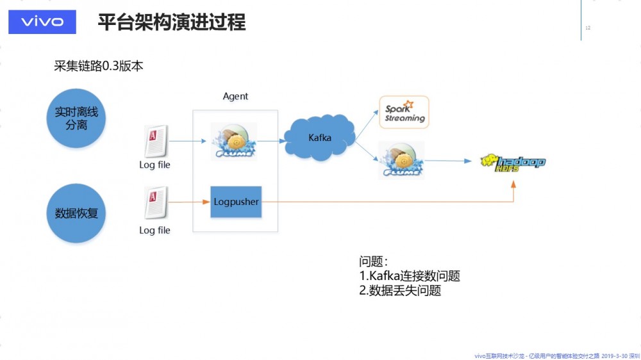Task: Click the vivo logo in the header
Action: tap(42, 22)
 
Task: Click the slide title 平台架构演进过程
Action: tap(171, 22)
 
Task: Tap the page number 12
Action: tap(588, 28)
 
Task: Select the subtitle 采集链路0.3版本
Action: tap(99, 66)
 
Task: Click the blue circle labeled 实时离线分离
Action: tap(76, 119)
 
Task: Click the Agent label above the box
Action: tap(235, 96)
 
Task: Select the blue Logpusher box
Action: tap(236, 202)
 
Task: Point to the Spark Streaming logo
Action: tap(404, 112)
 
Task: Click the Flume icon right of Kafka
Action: tap(401, 160)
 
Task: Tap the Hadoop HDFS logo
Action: tap(513, 162)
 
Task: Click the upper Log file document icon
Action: tap(156, 141)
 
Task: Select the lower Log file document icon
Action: tap(156, 203)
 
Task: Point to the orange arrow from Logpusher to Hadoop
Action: tap(385, 202)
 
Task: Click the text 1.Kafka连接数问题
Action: tap(410, 276)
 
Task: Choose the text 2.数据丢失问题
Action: tap(400, 291)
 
